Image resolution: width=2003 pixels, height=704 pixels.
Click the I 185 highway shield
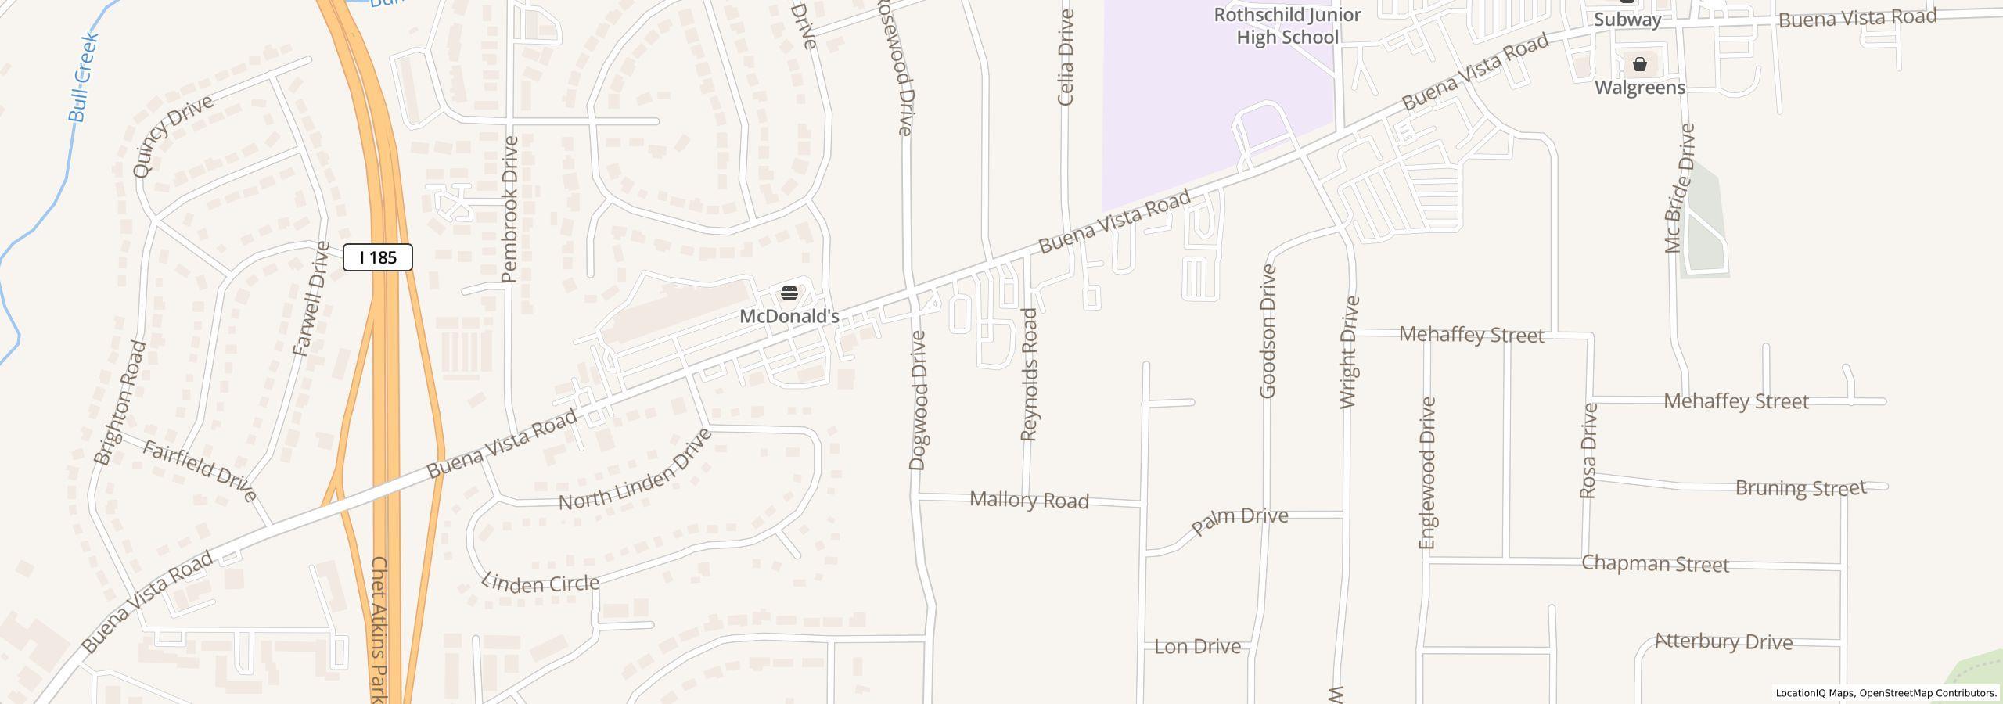pyautogui.click(x=378, y=257)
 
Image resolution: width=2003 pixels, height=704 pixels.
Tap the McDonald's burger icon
pyautogui.click(x=789, y=293)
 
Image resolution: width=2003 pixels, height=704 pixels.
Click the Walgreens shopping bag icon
pyautogui.click(x=1640, y=64)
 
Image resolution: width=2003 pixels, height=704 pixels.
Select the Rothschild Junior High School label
pyautogui.click(x=1287, y=26)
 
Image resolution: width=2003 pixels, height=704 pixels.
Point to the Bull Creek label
pyautogui.click(x=83, y=77)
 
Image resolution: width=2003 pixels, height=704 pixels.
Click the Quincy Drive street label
pyautogui.click(x=172, y=136)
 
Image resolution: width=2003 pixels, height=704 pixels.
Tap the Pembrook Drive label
pyautogui.click(x=510, y=209)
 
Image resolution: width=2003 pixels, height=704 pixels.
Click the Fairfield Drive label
pyautogui.click(x=200, y=469)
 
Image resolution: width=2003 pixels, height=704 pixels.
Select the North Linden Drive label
pyautogui.click(x=635, y=469)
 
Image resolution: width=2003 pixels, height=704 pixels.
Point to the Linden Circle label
pyautogui.click(x=541, y=582)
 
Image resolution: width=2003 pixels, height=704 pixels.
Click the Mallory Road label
pyautogui.click(x=1029, y=500)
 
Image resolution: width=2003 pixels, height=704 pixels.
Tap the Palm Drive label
pyautogui.click(x=1239, y=520)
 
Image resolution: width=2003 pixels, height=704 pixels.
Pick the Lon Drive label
pyautogui.click(x=1198, y=647)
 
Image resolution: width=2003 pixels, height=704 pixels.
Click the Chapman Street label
pyautogui.click(x=1655, y=564)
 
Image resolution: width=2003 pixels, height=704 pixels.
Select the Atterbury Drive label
pyautogui.click(x=1724, y=642)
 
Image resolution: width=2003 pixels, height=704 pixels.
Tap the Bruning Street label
pyautogui.click(x=1800, y=488)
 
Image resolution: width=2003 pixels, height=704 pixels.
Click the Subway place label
pyautogui.click(x=1627, y=20)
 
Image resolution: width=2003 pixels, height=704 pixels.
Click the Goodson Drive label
pyautogui.click(x=1268, y=331)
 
